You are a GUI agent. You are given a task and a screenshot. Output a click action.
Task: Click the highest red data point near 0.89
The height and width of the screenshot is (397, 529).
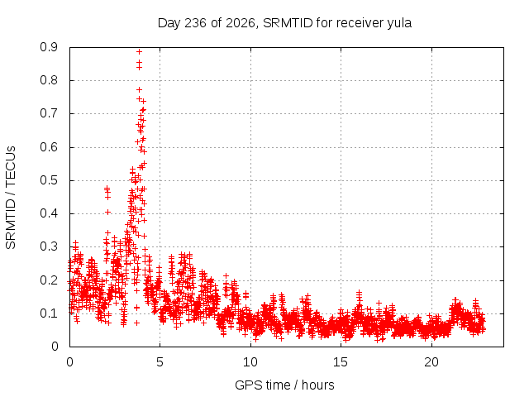139,51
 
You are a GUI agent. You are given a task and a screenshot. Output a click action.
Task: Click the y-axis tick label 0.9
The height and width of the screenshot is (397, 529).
49,47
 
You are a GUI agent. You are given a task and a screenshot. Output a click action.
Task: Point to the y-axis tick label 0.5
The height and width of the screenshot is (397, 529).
49,180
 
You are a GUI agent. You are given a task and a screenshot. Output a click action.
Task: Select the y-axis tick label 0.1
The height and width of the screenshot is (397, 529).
49,313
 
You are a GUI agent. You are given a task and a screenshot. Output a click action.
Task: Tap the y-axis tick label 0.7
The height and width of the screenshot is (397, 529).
49,114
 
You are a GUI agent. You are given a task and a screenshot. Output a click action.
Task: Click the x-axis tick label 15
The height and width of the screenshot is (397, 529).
341,362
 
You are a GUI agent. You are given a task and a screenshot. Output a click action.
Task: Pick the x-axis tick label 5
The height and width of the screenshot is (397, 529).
160,362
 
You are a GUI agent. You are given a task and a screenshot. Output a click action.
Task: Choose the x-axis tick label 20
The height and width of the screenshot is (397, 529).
431,362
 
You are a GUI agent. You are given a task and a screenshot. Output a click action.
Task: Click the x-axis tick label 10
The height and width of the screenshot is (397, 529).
250,362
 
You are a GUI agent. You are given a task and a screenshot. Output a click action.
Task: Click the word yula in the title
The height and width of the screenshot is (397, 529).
399,23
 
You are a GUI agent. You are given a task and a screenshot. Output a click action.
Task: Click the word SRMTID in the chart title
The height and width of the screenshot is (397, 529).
288,23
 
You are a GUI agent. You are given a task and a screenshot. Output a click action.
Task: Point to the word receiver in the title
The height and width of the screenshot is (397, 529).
360,23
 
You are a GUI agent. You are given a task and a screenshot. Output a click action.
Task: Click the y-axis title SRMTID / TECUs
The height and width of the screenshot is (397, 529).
11,198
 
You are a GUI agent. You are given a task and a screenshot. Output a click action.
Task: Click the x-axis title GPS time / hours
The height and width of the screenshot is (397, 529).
284,385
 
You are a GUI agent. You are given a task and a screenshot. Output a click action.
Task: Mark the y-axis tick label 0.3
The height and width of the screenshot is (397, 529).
49,246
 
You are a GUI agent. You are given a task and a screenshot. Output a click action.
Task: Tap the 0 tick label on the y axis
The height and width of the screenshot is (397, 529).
55,347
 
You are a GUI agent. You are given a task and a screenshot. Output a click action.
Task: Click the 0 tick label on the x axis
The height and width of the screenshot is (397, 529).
69,362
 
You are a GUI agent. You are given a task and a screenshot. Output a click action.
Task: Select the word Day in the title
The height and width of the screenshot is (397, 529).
169,23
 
